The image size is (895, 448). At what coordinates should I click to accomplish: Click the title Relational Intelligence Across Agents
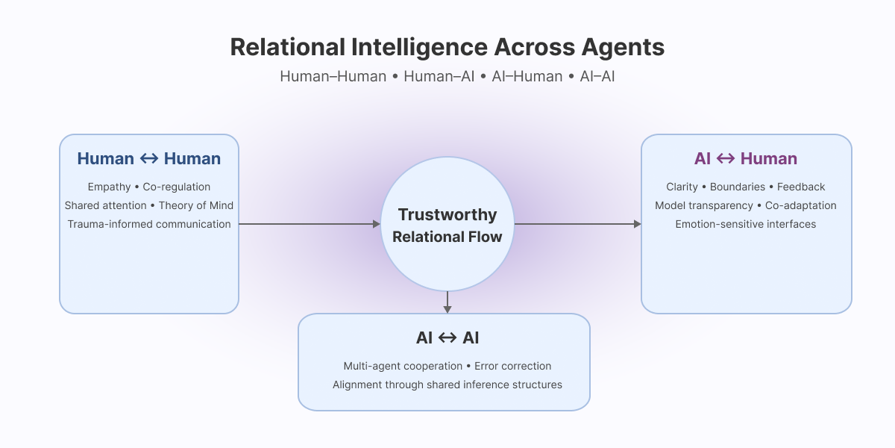tap(447, 47)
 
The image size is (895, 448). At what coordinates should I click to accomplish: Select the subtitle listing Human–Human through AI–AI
tap(447, 76)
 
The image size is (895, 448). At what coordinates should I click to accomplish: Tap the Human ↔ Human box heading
tap(149, 158)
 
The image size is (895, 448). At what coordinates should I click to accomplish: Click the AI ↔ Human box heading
tap(746, 158)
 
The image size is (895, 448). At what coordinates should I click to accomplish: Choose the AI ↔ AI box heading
tap(447, 337)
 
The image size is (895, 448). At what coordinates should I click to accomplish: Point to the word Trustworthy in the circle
tap(447, 215)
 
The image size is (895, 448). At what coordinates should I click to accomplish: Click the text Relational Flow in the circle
tap(447, 237)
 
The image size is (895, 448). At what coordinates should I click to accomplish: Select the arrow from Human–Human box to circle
tap(310, 224)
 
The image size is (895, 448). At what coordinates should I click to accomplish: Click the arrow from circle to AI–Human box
tap(578, 224)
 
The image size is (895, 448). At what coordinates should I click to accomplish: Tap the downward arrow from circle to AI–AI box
tap(447, 302)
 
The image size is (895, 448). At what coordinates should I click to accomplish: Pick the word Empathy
tap(109, 187)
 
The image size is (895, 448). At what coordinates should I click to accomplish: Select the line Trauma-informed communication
tap(149, 224)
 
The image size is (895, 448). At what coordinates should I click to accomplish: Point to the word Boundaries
tap(738, 187)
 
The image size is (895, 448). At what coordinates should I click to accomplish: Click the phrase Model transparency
tap(704, 205)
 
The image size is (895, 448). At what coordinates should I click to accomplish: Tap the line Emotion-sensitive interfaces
tap(746, 224)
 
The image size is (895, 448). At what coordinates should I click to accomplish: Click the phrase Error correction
tap(513, 366)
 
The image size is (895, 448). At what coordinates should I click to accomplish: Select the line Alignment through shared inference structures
tap(447, 385)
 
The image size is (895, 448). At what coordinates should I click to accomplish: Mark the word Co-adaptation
tap(801, 205)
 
